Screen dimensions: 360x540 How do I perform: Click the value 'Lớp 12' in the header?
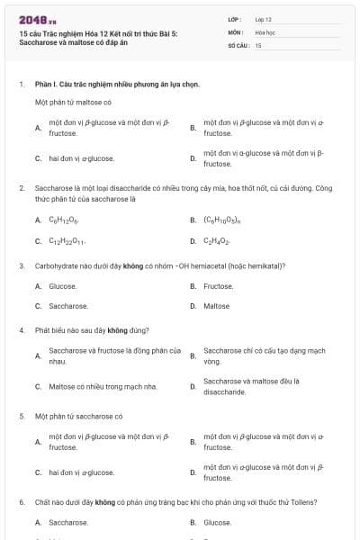pos(263,19)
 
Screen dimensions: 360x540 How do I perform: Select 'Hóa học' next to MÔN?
pos(265,31)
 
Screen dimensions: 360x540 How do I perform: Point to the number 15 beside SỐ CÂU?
pos(258,44)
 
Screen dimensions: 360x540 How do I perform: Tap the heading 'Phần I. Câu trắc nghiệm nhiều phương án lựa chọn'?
pos(117,85)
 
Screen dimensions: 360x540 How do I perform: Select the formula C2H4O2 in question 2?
pos(217,241)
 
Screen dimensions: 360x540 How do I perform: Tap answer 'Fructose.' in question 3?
pos(219,286)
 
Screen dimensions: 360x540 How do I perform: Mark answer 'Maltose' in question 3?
pos(217,306)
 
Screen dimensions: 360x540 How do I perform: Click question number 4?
pos(21,330)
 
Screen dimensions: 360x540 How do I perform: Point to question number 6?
pos(21,501)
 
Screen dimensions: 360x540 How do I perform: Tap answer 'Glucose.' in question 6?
pos(218,522)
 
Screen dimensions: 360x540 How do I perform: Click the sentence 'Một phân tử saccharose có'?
pos(78,417)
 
